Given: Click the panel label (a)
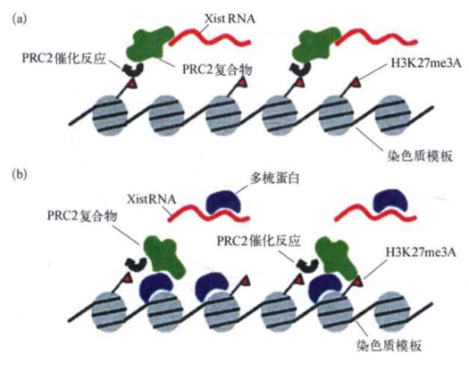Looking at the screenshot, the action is click(20, 19).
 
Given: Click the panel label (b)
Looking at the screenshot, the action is click(20, 174).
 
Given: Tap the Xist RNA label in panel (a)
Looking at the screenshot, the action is click(230, 19).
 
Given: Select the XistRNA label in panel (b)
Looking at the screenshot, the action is click(151, 199).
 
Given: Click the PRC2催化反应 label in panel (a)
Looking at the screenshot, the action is click(64, 58).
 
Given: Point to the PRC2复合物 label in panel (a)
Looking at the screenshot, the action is click(217, 70).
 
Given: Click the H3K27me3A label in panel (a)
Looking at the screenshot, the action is click(426, 63).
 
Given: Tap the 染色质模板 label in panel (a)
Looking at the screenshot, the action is click(420, 156).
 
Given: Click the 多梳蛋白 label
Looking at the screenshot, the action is click(274, 178).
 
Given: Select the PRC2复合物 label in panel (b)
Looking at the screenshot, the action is click(82, 216).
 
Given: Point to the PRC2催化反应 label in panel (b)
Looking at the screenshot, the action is click(258, 241).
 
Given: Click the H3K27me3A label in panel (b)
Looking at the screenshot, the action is click(421, 252).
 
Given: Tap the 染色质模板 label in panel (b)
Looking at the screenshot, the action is click(389, 345).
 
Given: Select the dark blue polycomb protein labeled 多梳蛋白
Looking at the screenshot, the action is click(224, 202).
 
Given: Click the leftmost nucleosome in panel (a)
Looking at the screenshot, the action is click(110, 115).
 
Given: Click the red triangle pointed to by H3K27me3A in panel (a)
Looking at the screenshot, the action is click(356, 82).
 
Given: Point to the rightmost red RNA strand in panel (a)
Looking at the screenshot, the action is click(376, 38).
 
